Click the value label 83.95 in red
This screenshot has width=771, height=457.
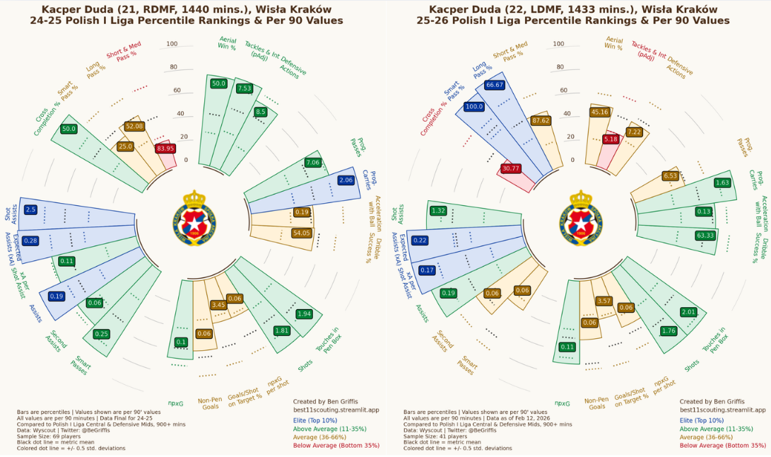165,149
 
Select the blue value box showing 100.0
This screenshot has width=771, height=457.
474,107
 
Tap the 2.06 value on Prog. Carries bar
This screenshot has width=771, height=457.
346,180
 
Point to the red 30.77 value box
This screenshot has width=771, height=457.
510,168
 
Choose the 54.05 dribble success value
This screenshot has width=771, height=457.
301,233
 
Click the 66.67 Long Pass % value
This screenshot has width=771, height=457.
495,85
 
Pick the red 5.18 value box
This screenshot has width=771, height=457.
611,139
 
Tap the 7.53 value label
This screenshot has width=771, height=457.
245,88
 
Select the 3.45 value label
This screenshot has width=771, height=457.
218,305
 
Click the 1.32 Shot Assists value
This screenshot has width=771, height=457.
438,210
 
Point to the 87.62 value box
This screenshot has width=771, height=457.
541,120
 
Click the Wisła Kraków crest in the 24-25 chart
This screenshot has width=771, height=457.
194,214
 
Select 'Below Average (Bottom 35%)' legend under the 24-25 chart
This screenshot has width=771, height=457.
336,446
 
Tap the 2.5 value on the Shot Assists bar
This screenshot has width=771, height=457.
30,209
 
